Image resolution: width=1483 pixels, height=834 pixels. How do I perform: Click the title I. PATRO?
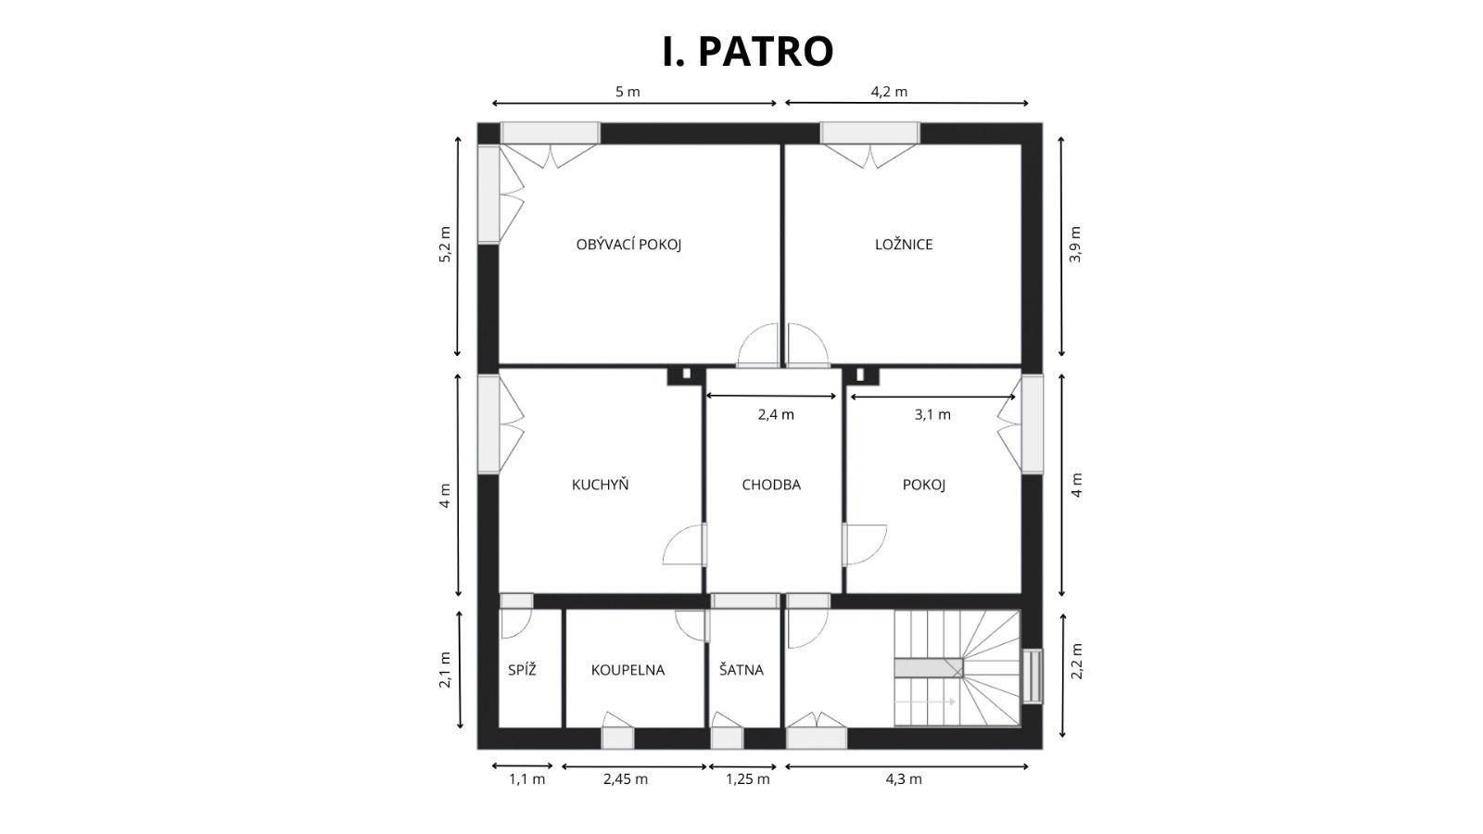pos(747,51)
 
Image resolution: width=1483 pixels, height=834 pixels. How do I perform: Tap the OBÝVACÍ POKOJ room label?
pos(628,245)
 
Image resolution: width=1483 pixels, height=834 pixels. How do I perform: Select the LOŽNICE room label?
pos(904,245)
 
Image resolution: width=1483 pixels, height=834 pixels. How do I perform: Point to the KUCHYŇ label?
pos(600,484)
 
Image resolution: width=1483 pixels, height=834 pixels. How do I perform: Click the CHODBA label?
pos(770,485)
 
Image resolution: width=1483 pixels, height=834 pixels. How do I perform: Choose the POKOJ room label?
pos(923,485)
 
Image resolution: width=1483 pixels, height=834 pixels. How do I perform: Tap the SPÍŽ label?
pos(522,669)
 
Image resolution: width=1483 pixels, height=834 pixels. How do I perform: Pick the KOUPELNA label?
pos(627,670)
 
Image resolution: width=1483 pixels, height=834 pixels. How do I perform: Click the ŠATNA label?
pos(741,669)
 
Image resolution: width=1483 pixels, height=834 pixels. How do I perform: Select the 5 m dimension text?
pos(627,92)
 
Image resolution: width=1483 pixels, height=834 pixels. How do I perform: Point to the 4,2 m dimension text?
pos(889,92)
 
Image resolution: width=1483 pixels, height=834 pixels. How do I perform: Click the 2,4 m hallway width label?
pos(776,414)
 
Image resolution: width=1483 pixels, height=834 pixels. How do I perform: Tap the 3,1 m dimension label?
pos(932,414)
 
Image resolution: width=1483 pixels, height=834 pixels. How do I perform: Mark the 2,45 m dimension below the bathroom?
pos(626,779)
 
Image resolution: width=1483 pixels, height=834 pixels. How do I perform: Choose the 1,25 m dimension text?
pos(747,779)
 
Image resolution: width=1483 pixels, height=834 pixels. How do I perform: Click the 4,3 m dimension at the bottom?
pos(904,779)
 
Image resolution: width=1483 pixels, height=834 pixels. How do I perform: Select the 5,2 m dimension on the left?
pos(444,245)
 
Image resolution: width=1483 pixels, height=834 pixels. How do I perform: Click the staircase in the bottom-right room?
pos(957,668)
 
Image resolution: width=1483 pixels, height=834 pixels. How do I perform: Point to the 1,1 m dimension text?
pos(527,779)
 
